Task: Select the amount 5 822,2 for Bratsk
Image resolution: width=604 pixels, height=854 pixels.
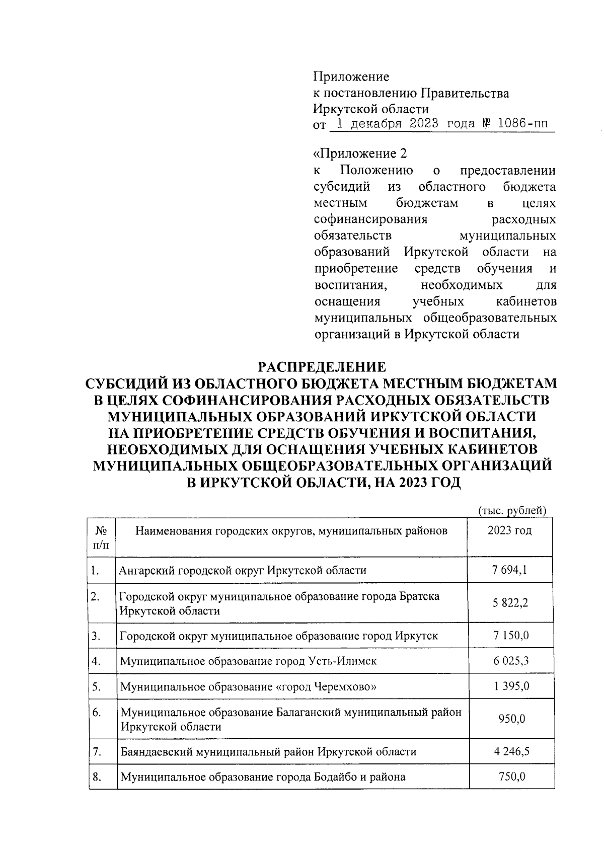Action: (x=510, y=603)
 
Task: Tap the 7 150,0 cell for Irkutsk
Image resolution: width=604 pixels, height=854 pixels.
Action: (x=511, y=636)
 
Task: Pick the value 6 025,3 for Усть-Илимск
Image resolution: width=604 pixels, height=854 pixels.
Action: (x=511, y=661)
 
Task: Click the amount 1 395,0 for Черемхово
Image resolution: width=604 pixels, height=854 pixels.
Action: (x=511, y=686)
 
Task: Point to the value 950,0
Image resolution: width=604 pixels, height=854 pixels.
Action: (x=511, y=719)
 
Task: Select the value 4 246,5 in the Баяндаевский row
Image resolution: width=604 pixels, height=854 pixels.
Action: (x=511, y=752)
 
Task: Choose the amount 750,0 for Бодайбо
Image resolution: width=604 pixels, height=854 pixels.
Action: (x=511, y=777)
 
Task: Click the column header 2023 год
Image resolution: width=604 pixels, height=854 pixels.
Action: (x=509, y=530)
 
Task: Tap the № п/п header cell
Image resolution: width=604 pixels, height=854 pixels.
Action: (x=101, y=537)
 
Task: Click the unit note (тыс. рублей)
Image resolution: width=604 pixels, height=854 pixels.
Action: (x=512, y=510)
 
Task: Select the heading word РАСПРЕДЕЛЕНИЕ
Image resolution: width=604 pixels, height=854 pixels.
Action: (x=322, y=366)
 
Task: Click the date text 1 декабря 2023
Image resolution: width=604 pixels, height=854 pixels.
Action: (x=386, y=124)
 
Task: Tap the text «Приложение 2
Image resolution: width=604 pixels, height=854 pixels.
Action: (x=360, y=153)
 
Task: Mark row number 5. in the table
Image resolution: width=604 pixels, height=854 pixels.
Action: (x=97, y=686)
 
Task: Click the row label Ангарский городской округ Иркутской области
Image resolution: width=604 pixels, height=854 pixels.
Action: (x=243, y=571)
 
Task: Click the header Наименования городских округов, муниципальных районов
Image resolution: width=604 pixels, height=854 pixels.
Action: (x=291, y=530)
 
